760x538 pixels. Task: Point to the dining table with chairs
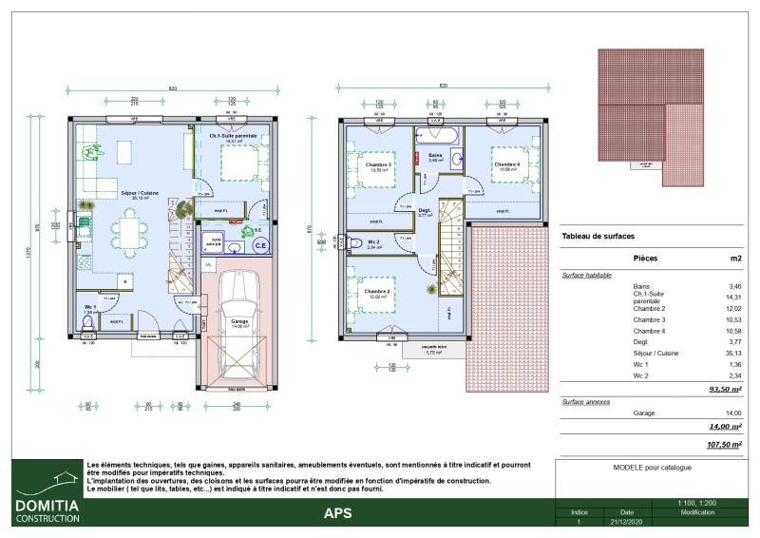pos(127,232)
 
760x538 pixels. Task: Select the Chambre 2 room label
pos(377,292)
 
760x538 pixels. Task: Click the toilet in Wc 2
pos(353,242)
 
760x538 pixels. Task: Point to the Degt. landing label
pos(425,210)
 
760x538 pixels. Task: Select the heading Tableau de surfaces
pos(598,236)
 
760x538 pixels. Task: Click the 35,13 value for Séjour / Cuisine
pos(731,353)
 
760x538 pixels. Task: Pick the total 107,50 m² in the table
pos(725,445)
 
